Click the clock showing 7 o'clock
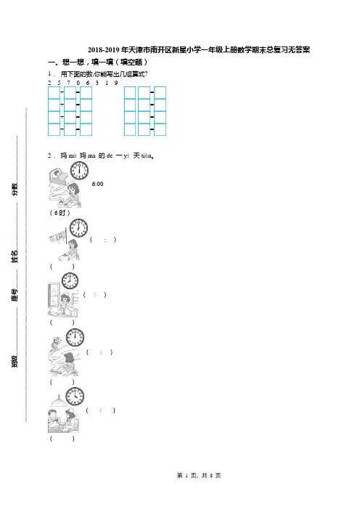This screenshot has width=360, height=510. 78,227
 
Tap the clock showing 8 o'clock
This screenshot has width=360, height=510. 70,280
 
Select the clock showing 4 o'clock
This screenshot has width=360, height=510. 75,397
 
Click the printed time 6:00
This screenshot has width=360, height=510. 97,184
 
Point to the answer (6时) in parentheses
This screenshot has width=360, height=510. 60,213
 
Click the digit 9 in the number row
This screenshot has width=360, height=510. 116,83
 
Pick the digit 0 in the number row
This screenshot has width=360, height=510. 78,83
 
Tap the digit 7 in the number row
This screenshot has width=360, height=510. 68,83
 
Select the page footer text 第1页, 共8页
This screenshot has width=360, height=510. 199,476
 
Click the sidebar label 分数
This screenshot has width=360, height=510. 15,189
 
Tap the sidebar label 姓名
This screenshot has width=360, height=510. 15,256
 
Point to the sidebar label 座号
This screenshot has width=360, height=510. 15,295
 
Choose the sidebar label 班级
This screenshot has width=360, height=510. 15,361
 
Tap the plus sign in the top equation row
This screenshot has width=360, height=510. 62,93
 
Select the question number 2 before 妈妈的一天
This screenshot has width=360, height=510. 49,155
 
